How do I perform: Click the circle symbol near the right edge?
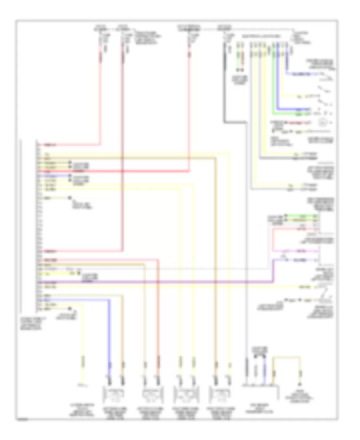pyautogui.click(x=323, y=122)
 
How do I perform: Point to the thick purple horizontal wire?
pyautogui.click(x=160, y=283)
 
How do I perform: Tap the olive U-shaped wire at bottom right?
pyautogui.click(x=286, y=359)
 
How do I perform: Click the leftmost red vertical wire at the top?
pyautogui.click(x=100, y=92)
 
